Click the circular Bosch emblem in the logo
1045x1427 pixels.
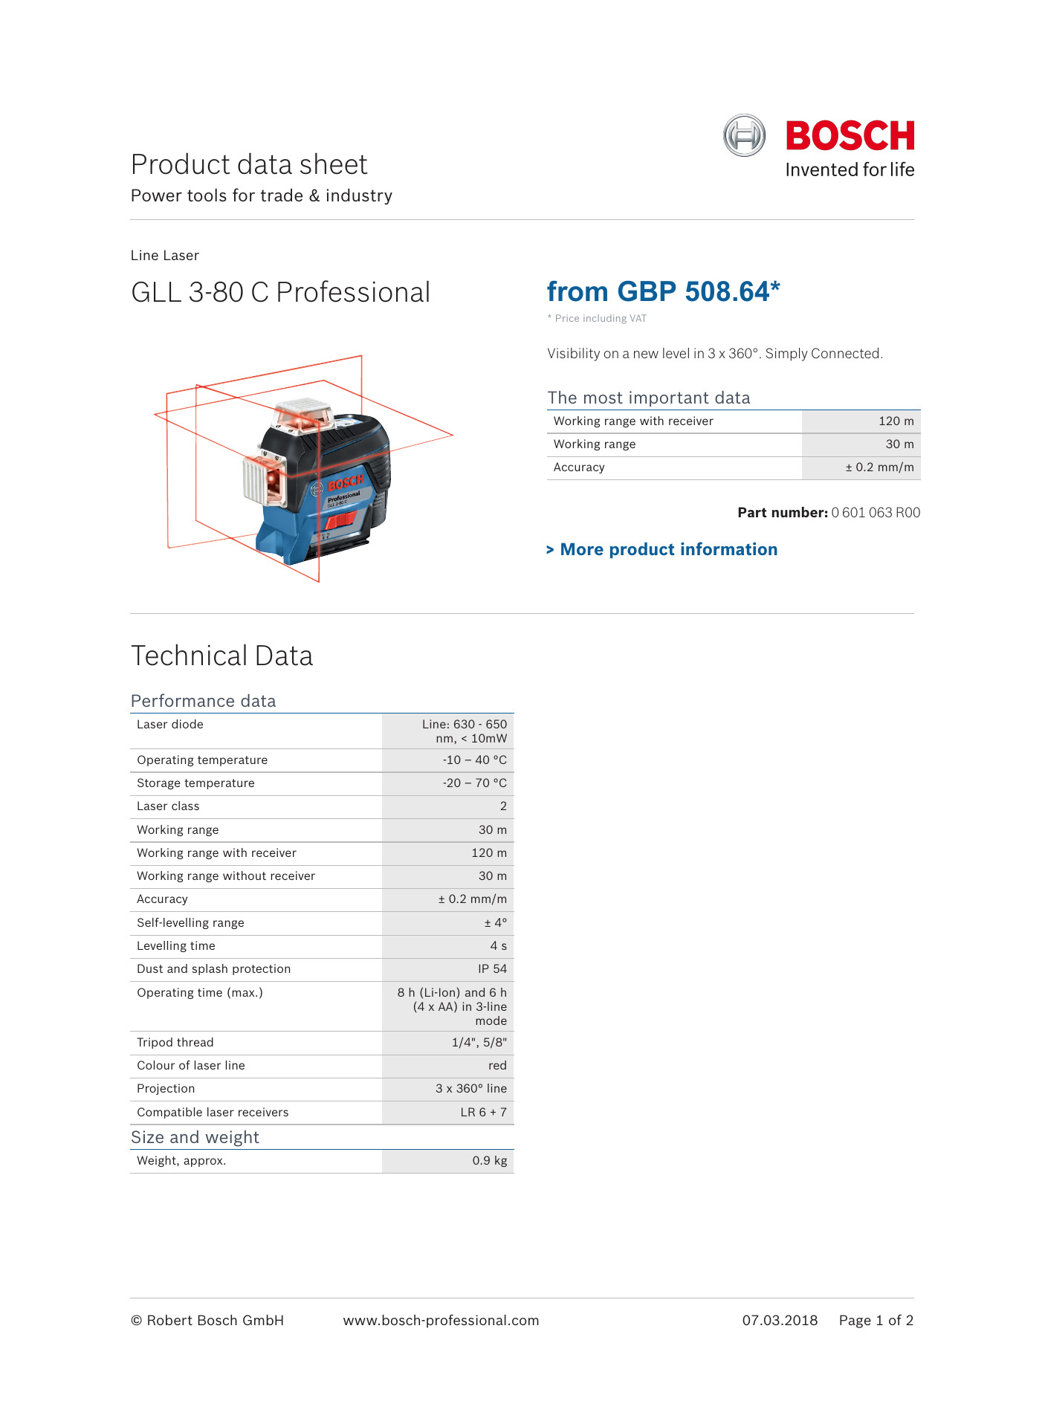[744, 135]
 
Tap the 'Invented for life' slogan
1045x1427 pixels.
[850, 170]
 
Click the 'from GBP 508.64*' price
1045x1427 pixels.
[663, 292]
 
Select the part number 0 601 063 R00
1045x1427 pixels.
[876, 513]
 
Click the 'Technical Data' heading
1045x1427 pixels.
[221, 656]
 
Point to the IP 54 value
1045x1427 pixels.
[492, 969]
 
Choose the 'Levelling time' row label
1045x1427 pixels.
[176, 946]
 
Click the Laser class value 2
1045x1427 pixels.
[503, 806]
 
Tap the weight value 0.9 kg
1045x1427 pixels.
[489, 1161]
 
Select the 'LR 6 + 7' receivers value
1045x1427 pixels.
[483, 1113]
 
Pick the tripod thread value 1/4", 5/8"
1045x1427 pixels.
[479, 1043]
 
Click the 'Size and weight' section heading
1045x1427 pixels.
[195, 1138]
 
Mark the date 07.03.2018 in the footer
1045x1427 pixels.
[780, 1321]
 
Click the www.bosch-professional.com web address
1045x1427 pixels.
[441, 1321]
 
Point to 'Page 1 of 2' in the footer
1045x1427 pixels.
[876, 1321]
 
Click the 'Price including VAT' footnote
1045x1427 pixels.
[600, 319]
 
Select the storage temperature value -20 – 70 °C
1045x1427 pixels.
[474, 783]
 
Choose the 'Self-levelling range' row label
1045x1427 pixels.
[190, 923]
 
